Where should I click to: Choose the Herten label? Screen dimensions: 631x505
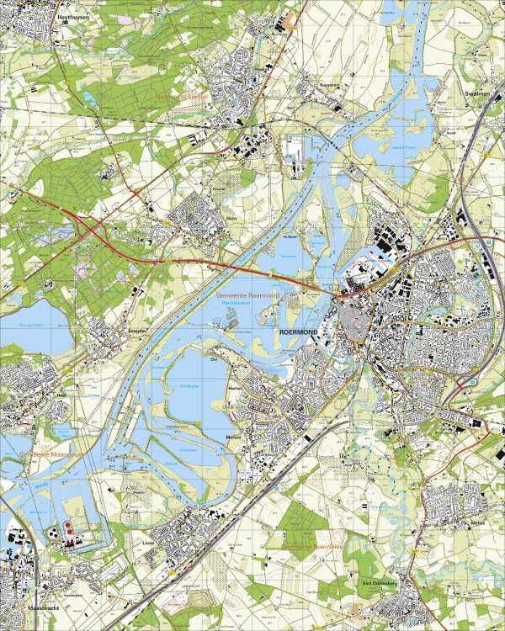point(234,388)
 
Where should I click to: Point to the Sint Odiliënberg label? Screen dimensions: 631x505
point(378,581)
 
